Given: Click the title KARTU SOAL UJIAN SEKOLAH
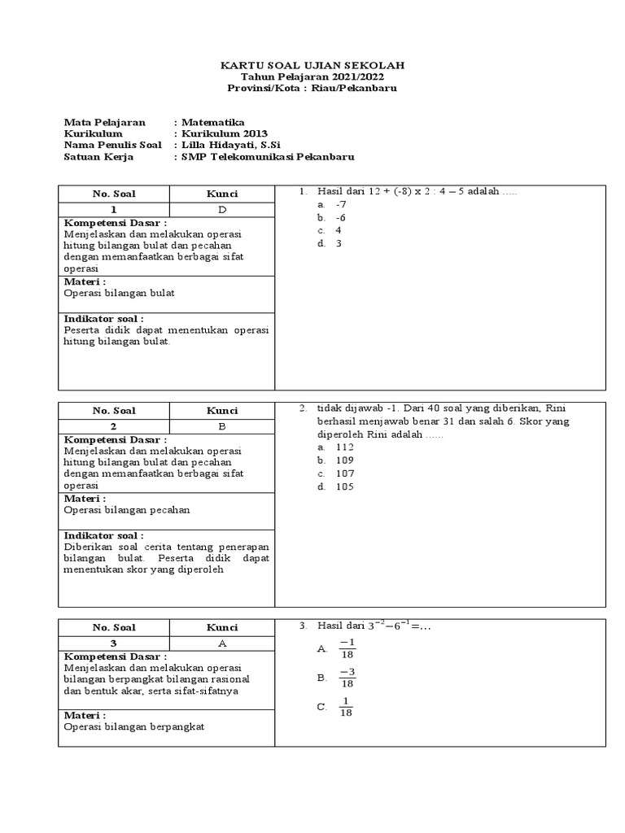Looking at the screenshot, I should tap(312, 64).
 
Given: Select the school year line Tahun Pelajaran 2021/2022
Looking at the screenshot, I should tap(312, 76).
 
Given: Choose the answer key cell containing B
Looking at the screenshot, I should tap(221, 426).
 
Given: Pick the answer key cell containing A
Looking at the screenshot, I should tap(221, 643).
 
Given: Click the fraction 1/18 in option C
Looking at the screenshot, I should tap(346, 708).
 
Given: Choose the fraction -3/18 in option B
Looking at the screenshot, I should tap(347, 678).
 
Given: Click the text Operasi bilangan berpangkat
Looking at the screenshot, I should tap(133, 726).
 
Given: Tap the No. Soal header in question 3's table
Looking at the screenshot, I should tap(114, 627).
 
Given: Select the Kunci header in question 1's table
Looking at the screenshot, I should tap(221, 194).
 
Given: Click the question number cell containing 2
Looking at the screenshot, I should tap(114, 426).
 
